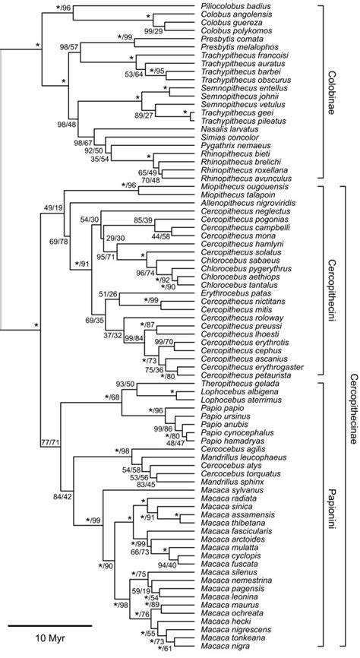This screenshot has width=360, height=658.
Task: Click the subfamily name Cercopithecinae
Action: coord(353,418)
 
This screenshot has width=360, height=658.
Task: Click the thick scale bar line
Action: coord(51,625)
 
